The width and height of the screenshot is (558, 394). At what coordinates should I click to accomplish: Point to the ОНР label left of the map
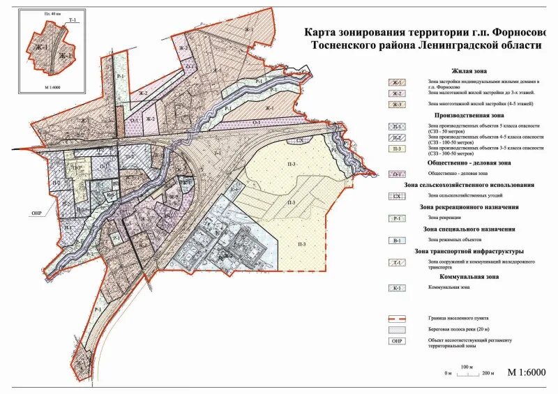(37, 213)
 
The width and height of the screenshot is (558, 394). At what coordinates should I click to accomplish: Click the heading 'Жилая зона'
(469, 71)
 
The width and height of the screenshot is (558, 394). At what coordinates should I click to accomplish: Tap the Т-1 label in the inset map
(72, 21)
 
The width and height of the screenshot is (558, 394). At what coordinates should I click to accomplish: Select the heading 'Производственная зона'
(469, 115)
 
